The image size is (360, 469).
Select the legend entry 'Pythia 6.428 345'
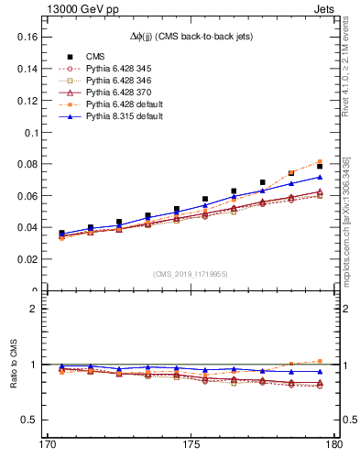(x=112, y=69)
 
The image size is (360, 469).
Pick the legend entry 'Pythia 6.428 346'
(x=112, y=81)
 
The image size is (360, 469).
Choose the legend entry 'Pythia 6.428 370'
(x=112, y=93)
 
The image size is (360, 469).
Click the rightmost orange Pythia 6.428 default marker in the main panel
(x=320, y=162)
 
